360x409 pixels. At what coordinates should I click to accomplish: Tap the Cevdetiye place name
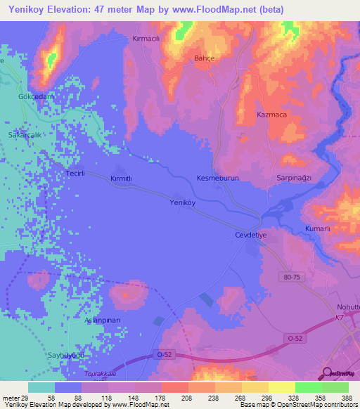coord(251,237)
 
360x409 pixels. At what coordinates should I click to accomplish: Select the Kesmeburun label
coord(218,178)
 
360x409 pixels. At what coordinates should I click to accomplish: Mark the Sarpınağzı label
coord(293,178)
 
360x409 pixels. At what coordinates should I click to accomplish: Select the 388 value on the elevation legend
coord(345,398)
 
